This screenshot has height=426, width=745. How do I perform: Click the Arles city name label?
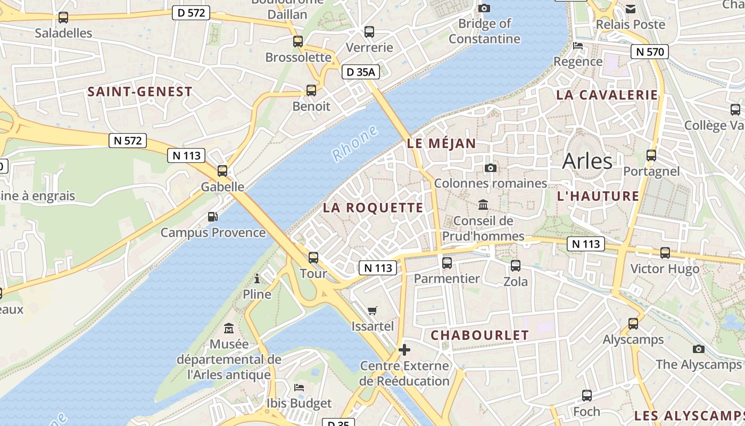(x=587, y=160)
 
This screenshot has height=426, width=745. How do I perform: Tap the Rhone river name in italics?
(x=354, y=143)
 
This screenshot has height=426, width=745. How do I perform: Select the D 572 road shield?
(x=191, y=13)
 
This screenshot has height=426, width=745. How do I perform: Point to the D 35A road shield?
(x=361, y=72)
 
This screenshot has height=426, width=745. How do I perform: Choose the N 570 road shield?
(x=649, y=52)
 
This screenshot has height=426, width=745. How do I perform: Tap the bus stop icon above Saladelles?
(x=63, y=17)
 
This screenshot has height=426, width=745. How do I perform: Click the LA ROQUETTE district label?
(x=373, y=208)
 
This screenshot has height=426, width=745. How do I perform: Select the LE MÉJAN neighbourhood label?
(x=441, y=143)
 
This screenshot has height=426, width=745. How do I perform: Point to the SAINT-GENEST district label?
(x=139, y=92)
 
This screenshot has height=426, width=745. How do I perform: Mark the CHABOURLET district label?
(x=479, y=335)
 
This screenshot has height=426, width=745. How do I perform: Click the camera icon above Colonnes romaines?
(x=491, y=168)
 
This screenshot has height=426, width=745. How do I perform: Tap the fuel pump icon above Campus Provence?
(x=212, y=217)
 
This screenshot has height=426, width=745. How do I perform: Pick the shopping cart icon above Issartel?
(x=372, y=310)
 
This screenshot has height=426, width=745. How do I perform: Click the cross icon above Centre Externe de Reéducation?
(x=404, y=350)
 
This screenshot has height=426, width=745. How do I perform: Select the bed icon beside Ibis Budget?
(x=299, y=387)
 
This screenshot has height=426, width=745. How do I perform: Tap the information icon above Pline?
(x=257, y=278)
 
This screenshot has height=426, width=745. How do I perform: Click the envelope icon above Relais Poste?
(x=631, y=9)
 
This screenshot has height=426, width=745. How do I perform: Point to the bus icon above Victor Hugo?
(x=665, y=253)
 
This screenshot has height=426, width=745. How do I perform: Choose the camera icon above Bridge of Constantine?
(x=484, y=8)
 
